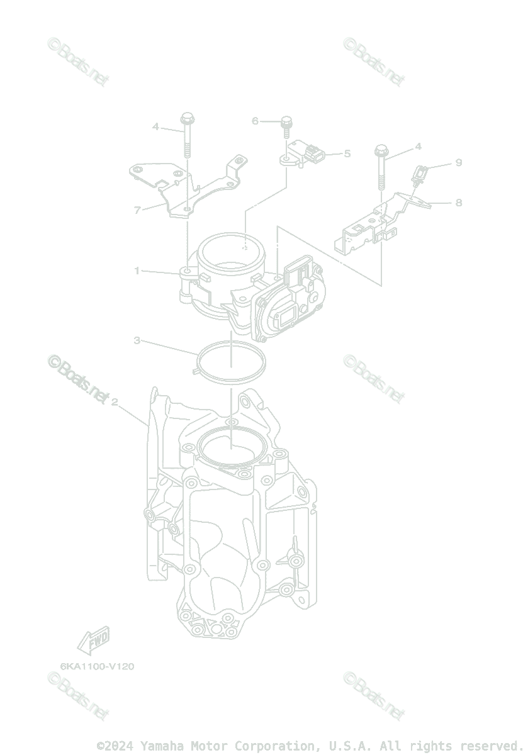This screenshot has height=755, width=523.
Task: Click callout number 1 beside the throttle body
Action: click(137, 271)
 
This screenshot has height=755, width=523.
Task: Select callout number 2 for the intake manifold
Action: click(114, 402)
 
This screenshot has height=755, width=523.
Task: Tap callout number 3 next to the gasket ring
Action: click(137, 340)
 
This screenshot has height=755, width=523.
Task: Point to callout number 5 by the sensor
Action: click(347, 153)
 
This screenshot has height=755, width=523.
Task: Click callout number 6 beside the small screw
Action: click(255, 120)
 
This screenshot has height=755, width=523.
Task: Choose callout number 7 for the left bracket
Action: click(137, 210)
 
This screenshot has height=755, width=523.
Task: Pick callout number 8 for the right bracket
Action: click(458, 202)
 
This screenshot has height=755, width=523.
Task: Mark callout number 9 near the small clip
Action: click(458, 162)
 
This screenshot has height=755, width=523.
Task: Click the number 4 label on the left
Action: click(155, 126)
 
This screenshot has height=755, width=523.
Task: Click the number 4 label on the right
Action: click(418, 147)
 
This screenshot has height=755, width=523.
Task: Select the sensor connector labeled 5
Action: click(315, 152)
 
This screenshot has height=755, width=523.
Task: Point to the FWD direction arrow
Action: click(93, 640)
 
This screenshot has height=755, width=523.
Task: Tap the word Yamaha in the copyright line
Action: click(159, 746)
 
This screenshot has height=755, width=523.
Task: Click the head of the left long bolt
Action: click(187, 117)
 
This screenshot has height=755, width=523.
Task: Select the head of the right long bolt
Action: click(381, 151)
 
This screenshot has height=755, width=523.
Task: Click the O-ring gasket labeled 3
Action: click(231, 362)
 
